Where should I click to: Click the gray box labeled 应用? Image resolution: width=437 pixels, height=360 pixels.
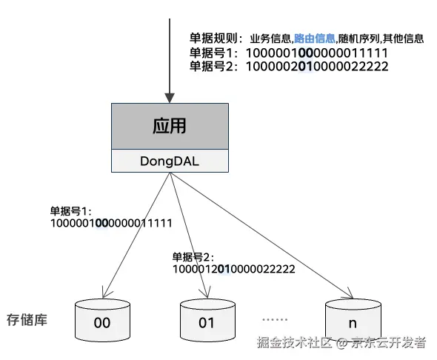(x=170, y=126)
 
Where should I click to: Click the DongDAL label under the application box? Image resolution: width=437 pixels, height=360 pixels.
(x=170, y=161)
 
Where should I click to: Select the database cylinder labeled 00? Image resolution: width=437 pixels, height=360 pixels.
(x=102, y=320)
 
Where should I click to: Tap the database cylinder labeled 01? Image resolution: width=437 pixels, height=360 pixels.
(x=207, y=320)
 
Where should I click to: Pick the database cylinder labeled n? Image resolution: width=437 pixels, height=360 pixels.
(x=353, y=320)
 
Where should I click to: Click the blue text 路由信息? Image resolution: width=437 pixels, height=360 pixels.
(x=314, y=39)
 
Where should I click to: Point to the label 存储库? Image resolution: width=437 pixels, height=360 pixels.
(x=27, y=319)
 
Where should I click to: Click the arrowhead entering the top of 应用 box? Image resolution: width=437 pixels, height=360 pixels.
(x=170, y=98)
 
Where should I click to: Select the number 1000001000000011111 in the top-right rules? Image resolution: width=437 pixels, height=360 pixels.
(x=317, y=53)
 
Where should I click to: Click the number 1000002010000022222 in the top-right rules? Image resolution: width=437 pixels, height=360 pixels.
(x=317, y=67)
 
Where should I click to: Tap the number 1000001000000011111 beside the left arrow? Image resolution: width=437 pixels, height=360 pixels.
(x=111, y=223)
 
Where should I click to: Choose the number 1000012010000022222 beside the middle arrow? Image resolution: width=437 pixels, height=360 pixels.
(x=234, y=269)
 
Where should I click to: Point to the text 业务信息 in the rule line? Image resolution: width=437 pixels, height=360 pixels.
(x=270, y=39)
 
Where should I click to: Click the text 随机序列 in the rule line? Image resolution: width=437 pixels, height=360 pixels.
(x=358, y=39)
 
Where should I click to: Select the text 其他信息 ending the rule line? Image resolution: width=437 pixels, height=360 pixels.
(x=403, y=39)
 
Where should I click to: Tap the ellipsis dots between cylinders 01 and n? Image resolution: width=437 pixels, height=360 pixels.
(x=275, y=319)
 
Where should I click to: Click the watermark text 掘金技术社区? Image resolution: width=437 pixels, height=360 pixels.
(x=294, y=342)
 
